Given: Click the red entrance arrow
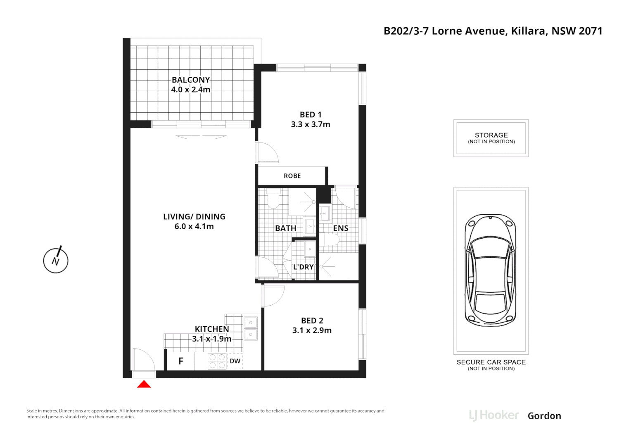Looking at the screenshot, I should pyautogui.click(x=144, y=384).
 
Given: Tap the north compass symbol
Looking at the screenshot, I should pyautogui.click(x=56, y=260).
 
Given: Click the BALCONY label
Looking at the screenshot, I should pyautogui.click(x=191, y=80).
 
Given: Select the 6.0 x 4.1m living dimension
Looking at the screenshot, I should pyautogui.click(x=194, y=226).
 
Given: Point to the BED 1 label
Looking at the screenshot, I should pyautogui.click(x=311, y=115).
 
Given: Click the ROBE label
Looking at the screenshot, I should pyautogui.click(x=292, y=176).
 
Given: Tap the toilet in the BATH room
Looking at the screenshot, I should pyautogui.click(x=273, y=199).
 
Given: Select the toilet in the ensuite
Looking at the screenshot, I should pyautogui.click(x=331, y=240).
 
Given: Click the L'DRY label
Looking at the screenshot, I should pyautogui.click(x=303, y=267).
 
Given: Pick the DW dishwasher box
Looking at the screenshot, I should pyautogui.click(x=235, y=361).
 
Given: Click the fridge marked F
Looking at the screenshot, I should pyautogui.click(x=180, y=361).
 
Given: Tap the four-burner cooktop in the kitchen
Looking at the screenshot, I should pyautogui.click(x=217, y=361).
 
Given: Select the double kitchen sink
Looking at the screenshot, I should pyautogui.click(x=251, y=328).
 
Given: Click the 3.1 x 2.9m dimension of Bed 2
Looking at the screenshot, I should pyautogui.click(x=312, y=330).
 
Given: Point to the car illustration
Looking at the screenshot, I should pyautogui.click(x=491, y=270).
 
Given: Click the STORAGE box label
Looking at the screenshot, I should pyautogui.click(x=491, y=135).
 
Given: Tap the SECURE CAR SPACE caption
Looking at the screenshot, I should pyautogui.click(x=491, y=362).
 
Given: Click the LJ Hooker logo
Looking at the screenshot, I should pyautogui.click(x=494, y=415).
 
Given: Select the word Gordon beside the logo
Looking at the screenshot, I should pyautogui.click(x=544, y=416).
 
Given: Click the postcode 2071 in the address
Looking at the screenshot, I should pyautogui.click(x=591, y=31).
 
